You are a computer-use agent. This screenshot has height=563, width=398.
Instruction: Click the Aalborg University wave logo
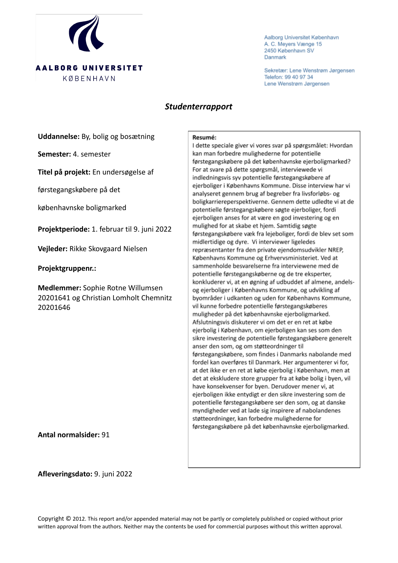(x=86, y=34)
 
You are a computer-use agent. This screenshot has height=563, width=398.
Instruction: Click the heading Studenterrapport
(x=198, y=107)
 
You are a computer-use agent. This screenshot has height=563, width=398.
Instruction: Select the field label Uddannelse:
(x=59, y=137)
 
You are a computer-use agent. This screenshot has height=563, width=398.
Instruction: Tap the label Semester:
(x=54, y=154)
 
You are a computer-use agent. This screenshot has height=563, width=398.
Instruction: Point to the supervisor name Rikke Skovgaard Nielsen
(x=108, y=249)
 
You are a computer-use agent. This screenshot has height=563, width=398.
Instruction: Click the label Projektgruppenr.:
(x=67, y=269)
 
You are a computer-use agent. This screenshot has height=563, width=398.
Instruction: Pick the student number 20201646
(x=54, y=308)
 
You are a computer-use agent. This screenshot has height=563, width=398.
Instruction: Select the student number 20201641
(x=54, y=298)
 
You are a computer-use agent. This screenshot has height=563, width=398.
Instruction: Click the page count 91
(x=105, y=435)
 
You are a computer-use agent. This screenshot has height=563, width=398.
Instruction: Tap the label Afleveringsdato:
(x=65, y=474)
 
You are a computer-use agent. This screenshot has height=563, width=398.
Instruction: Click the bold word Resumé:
(x=204, y=138)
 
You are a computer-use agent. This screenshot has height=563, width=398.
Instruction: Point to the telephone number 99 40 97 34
(x=299, y=77)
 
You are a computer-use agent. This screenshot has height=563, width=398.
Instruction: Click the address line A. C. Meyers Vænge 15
(x=293, y=44)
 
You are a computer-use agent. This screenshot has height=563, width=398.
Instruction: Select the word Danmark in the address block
(x=275, y=57)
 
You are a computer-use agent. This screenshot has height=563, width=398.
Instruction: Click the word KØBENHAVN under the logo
(x=89, y=79)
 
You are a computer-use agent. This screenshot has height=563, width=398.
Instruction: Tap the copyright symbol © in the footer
(x=68, y=519)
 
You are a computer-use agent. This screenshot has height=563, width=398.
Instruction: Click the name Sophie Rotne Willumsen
(x=122, y=288)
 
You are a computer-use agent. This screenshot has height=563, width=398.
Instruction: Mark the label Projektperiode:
(x=63, y=229)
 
